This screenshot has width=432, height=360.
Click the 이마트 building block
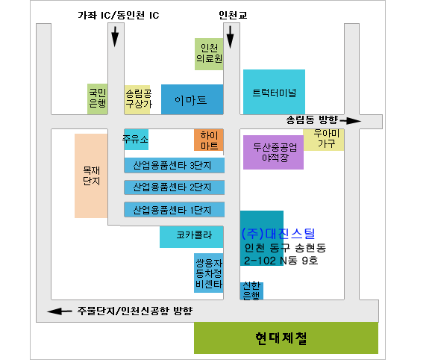pyautogui.click(x=192, y=99)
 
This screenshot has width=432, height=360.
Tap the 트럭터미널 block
pyautogui.click(x=274, y=92)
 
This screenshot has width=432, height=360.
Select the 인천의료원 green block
pyautogui.click(x=209, y=54)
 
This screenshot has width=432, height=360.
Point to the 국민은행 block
pyautogui.click(x=97, y=99)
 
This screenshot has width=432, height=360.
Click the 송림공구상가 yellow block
pyautogui.click(x=137, y=99)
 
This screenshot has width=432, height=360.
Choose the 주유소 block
pyautogui.click(x=137, y=140)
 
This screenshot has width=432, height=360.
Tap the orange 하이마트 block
pyautogui.click(x=209, y=140)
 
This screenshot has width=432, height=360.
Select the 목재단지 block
pyautogui.click(x=91, y=176)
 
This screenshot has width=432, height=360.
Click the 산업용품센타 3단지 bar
pyautogui.click(x=174, y=165)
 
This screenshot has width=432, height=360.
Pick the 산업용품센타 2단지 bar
pyautogui.click(x=174, y=187)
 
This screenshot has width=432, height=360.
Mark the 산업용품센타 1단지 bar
pyautogui.click(x=174, y=210)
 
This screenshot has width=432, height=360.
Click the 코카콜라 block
pyautogui.click(x=192, y=237)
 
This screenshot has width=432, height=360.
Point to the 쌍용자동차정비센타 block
pyautogui.click(x=209, y=273)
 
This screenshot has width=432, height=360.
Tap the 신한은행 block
pyautogui.click(x=251, y=291)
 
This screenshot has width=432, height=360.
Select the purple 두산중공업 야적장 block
pyautogui.click(x=273, y=152)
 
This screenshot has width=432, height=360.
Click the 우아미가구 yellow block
pyautogui.click(x=324, y=140)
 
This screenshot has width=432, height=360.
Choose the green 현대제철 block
pyautogui.click(x=286, y=338)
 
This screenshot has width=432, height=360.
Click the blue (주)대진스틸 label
pyautogui.click(x=278, y=234)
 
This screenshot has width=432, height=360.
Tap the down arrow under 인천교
pyautogui.click(x=230, y=37)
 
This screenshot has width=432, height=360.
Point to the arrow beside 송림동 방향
pyautogui.click(x=351, y=121)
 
